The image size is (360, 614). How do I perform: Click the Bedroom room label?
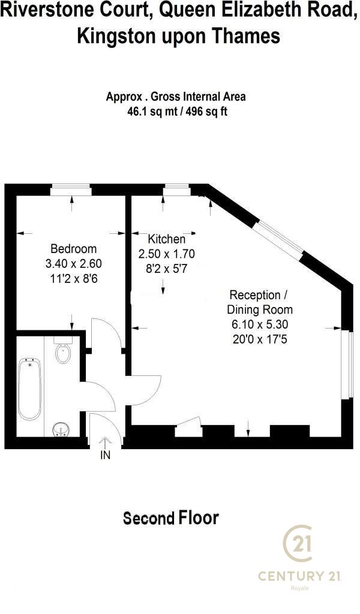point(73,249)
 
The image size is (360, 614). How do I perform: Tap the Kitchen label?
point(166,239)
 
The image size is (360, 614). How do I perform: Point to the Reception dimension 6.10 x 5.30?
point(260,324)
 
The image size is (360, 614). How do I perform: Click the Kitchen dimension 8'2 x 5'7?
point(166,269)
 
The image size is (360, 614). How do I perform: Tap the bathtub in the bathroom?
point(30,389)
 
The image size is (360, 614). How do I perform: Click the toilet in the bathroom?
point(63,350)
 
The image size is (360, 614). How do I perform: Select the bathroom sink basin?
point(61,429)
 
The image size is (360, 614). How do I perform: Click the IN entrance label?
point(106,455)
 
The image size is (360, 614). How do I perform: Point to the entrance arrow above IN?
point(105,443)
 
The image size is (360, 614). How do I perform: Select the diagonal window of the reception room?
point(280,240)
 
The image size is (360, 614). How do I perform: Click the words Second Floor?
point(171,517)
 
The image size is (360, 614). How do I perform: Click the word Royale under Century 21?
point(299,588)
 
